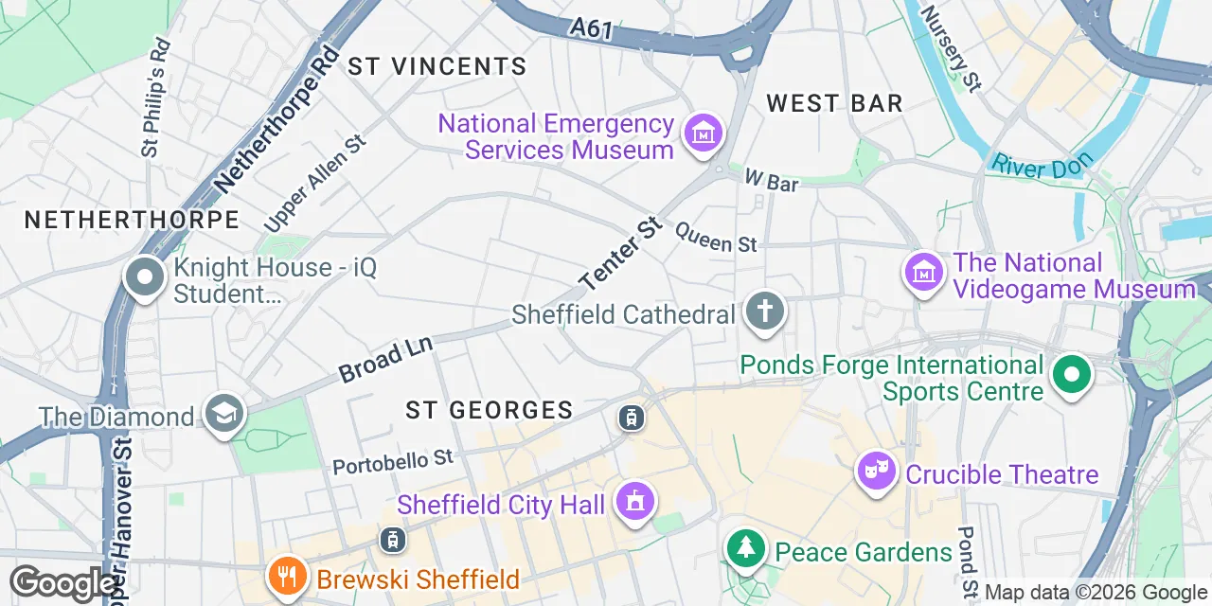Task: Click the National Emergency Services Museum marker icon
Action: click(x=704, y=134)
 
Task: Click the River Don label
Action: click(x=1042, y=165)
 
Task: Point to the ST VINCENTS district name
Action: click(x=437, y=66)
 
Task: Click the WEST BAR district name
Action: click(x=834, y=103)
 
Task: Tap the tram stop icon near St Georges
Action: click(x=631, y=417)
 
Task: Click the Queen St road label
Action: click(x=716, y=237)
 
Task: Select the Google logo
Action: click(x=62, y=583)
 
